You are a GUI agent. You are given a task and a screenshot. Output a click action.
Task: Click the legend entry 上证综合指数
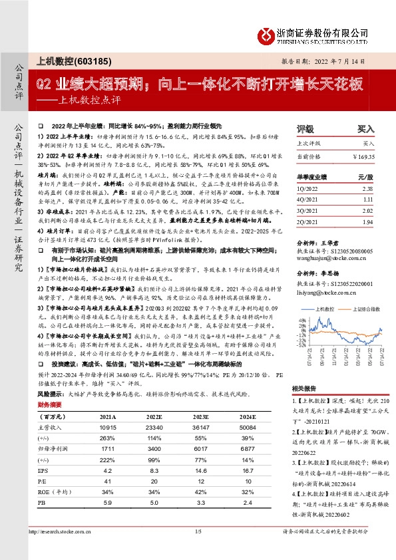pos(360,309)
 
